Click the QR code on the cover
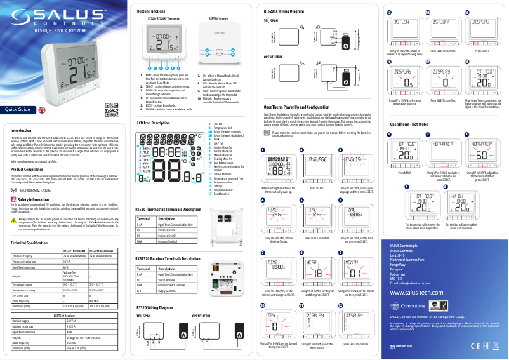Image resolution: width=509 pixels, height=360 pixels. tap(111, 109)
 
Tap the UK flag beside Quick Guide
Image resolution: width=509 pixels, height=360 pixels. tap(42, 109)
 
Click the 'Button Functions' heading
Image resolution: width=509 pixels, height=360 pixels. tap(151, 11)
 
